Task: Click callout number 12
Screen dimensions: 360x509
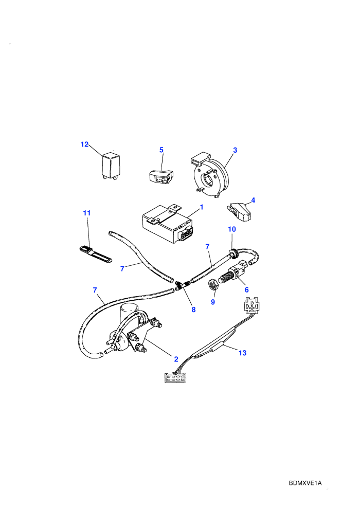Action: (x=84, y=144)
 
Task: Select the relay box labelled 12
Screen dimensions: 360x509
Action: (x=111, y=166)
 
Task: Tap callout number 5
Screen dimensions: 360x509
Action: (x=161, y=150)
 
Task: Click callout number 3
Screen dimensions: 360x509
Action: (x=235, y=150)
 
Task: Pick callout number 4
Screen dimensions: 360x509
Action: (x=253, y=201)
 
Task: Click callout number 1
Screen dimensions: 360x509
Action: (x=202, y=207)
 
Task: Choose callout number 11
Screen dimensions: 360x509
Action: (x=87, y=213)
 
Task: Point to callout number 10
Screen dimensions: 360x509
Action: (x=232, y=229)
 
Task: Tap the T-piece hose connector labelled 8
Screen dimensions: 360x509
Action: (x=183, y=286)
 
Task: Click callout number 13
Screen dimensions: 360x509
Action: (x=243, y=353)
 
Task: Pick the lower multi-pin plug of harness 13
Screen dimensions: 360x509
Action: (x=175, y=377)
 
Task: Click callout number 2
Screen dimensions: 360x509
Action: (x=176, y=359)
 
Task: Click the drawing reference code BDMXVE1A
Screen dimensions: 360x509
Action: (x=305, y=483)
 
